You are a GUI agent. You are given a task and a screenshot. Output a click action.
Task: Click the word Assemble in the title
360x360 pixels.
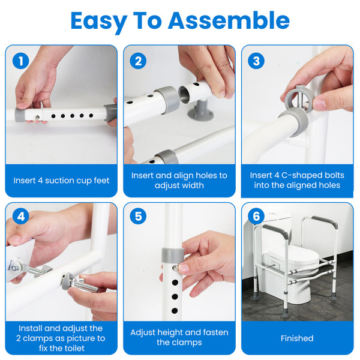(x=229, y=21)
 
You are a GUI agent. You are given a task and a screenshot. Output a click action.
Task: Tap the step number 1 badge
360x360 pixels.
(x=21, y=61)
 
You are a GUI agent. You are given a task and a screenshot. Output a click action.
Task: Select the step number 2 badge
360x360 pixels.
(x=139, y=61)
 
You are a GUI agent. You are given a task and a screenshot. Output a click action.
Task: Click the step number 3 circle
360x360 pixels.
(x=256, y=61)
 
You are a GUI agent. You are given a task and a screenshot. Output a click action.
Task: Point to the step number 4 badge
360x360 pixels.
(x=21, y=216)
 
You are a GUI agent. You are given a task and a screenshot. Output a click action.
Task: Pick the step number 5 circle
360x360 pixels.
(x=139, y=216)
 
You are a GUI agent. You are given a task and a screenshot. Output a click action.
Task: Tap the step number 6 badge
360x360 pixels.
(x=256, y=216)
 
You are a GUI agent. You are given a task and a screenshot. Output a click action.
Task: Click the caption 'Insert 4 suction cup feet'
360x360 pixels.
(x=61, y=180)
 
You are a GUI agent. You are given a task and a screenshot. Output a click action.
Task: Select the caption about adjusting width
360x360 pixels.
(x=179, y=180)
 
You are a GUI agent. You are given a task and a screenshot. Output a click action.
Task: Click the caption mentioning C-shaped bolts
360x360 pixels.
(x=297, y=180)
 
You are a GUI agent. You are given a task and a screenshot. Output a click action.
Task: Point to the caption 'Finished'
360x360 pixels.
(x=297, y=338)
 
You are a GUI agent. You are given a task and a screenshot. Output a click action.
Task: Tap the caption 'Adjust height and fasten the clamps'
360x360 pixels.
(x=179, y=337)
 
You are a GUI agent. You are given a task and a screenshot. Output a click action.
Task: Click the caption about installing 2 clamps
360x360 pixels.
(x=61, y=338)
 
